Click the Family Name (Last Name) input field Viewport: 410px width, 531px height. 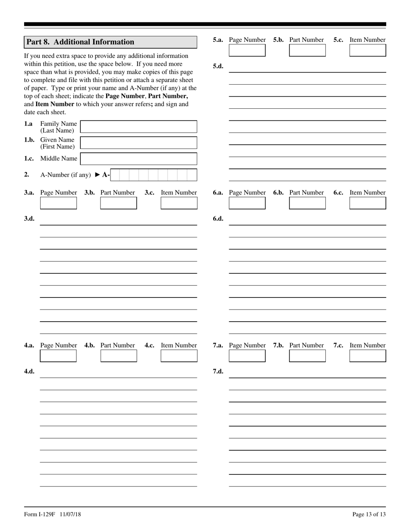tap(139, 126)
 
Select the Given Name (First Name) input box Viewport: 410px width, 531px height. tap(139, 143)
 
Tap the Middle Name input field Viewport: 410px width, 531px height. tap(139, 159)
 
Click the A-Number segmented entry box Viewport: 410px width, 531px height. tap(153, 175)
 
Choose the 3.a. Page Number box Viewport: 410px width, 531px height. tap(58, 203)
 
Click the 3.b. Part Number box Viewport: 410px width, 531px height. tap(118, 203)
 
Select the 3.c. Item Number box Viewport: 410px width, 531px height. tap(179, 203)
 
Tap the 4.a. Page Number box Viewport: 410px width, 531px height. tap(58, 356)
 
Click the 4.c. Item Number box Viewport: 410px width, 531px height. tap(179, 356)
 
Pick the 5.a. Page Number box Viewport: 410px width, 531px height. tap(247, 51)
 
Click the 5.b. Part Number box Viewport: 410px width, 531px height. tap(307, 51)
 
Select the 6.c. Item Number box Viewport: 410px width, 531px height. tap(367, 203)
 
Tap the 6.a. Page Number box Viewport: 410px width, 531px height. tap(247, 203)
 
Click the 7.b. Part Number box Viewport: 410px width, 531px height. tap(307, 356)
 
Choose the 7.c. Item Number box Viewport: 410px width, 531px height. tap(367, 356)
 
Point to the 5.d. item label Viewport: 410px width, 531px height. tap(218, 66)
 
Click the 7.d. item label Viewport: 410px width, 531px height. tap(218, 371)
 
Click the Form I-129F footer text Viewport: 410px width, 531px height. tap(52, 514)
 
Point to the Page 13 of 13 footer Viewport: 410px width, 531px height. tap(369, 514)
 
